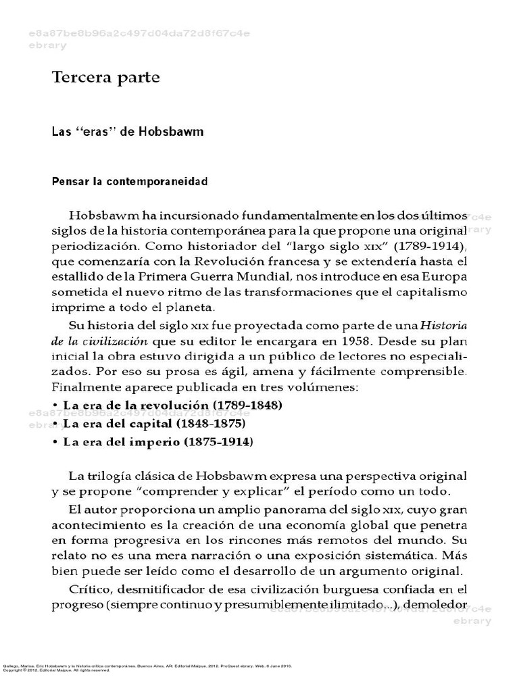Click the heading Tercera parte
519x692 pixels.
click(x=106, y=78)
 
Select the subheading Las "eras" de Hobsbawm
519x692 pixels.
click(x=128, y=132)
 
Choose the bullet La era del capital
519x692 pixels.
click(x=153, y=424)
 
